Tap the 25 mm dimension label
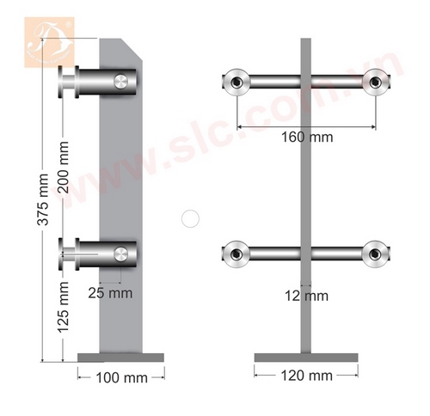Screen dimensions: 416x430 (109, 292)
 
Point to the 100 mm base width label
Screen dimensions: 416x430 (120, 376)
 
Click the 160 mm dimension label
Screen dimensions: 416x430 (304, 137)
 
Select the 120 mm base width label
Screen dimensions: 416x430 (305, 376)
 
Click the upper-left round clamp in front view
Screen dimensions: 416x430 (234, 83)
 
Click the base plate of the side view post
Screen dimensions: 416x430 (120, 357)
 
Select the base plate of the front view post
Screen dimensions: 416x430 (305, 357)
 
